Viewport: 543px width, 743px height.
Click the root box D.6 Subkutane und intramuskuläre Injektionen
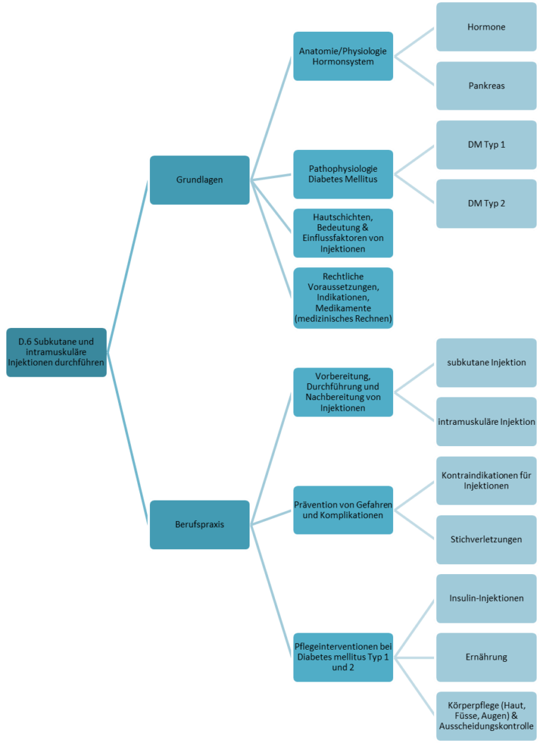57,352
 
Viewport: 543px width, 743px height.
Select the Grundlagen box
199,180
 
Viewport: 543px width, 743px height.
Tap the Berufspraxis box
199,525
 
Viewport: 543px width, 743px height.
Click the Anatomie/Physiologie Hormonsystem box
343,56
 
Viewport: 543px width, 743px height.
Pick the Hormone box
486,27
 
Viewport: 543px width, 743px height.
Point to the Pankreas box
486,86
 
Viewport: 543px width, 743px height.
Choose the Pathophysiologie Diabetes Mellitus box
343,174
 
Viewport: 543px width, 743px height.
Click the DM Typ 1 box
486,144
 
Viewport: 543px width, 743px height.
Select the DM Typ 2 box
486,204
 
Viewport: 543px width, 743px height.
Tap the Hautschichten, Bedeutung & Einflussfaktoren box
343,233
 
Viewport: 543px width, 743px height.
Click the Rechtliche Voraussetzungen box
343,298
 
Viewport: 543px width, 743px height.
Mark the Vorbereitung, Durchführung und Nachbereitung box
343,392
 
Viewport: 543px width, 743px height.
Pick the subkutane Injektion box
486,363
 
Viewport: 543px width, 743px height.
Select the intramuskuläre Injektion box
486,422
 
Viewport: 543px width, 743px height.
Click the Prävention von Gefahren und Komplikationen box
343,510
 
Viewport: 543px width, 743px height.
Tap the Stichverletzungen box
486,539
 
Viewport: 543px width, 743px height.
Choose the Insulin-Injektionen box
486,599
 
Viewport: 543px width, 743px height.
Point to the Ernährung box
486,657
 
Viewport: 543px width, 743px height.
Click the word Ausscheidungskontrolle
486,726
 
